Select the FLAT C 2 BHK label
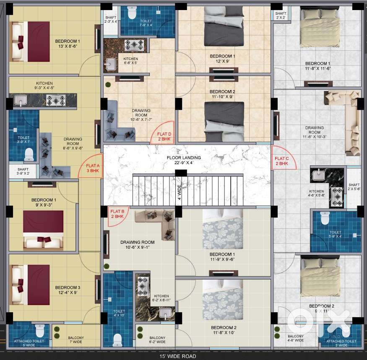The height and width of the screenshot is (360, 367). pos(281,161)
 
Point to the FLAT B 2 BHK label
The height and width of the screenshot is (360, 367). pos(117,214)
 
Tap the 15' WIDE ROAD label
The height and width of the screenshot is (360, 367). pos(177,356)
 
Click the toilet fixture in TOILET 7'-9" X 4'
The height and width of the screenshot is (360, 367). pos(132,13)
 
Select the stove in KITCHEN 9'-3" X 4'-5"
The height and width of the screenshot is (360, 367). pos(55,100)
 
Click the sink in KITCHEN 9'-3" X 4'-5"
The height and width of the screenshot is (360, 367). pos(20,100)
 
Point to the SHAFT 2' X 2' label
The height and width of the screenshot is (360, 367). pos(281,16)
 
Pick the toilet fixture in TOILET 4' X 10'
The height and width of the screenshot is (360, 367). pos(117,338)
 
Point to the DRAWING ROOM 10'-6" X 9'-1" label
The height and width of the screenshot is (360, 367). pos(137,245)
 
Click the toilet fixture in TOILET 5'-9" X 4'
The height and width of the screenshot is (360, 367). pos(325,218)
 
